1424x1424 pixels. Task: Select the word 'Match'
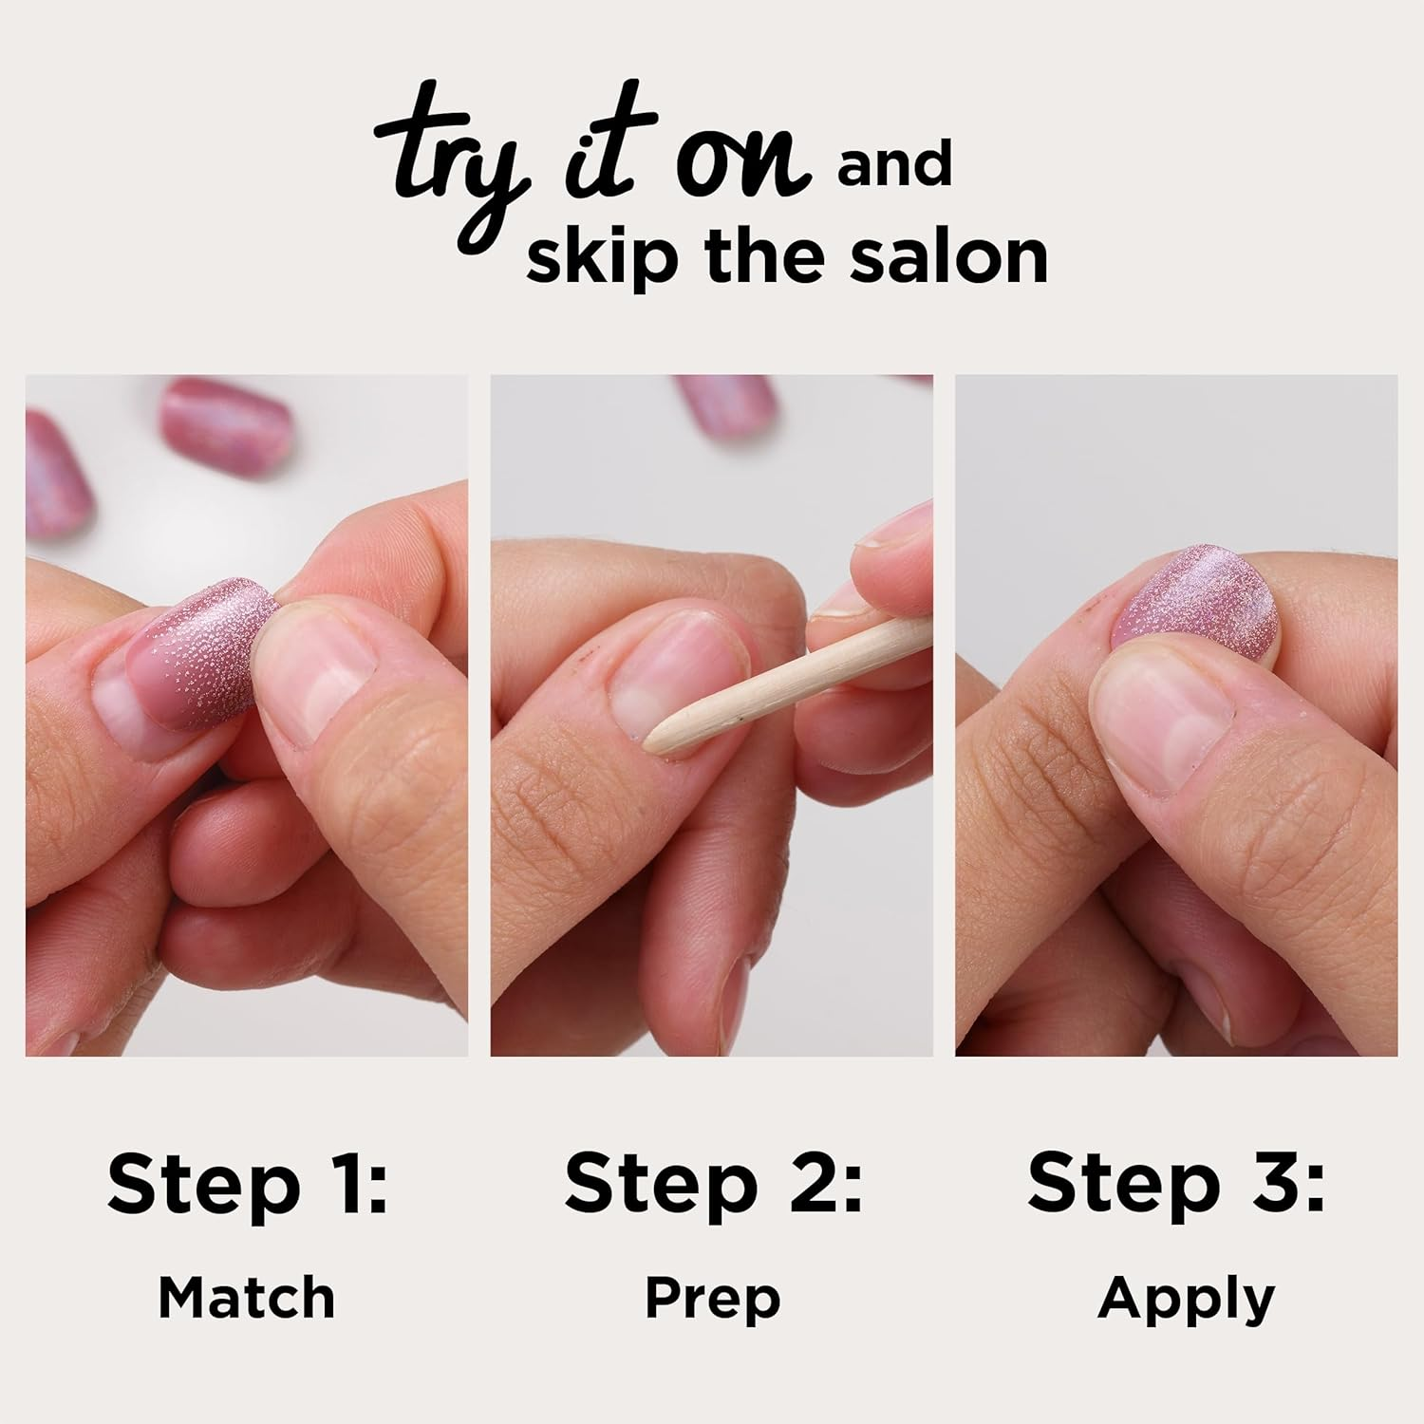(247, 1298)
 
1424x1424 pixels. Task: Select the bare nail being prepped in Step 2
(669, 679)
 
